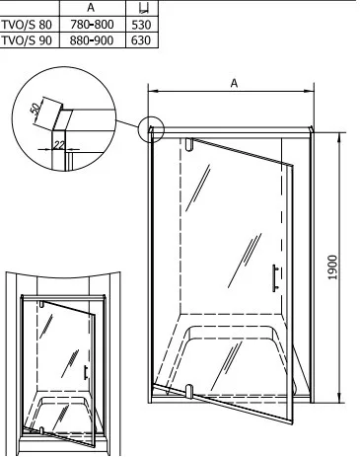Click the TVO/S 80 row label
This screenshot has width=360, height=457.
pos(27,25)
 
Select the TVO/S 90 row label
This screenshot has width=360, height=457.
pos(27,40)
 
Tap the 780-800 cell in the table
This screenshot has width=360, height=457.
pos(92,25)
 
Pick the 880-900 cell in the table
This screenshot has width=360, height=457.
pos(92,40)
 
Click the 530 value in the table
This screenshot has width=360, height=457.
pos(141,25)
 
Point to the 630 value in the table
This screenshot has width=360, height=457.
pos(141,40)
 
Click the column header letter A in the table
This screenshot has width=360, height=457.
pos(91,8)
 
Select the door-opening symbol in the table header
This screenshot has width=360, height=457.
pos(144,8)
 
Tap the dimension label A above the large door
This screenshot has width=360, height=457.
pos(234,83)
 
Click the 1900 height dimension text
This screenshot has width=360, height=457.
pos(332,267)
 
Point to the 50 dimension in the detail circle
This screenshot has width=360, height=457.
pos(36,109)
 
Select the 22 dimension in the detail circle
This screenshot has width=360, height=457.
pos(59,145)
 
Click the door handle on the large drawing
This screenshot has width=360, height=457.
pos(275,278)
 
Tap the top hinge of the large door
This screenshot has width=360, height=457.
pos(189,144)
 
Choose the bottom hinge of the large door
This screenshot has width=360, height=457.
pos(189,391)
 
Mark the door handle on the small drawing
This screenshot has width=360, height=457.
pos(86,372)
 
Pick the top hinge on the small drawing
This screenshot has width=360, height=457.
pos(41,304)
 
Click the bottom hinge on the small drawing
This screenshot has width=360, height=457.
pos(41,430)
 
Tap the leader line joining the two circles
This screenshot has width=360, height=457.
pos(127,124)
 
